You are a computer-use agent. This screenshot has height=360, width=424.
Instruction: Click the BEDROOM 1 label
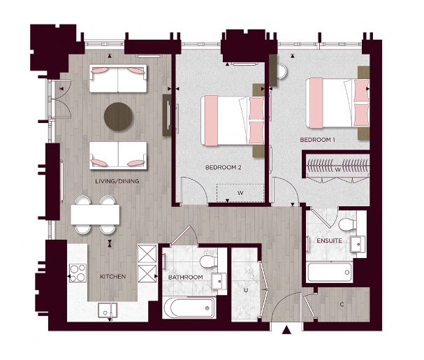(318, 140)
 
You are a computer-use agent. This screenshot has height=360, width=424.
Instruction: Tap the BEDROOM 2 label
(223, 168)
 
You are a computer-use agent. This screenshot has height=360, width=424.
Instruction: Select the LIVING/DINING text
(117, 182)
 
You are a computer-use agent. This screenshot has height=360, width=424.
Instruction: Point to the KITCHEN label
(113, 277)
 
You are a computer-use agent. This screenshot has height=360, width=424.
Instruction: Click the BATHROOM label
(186, 278)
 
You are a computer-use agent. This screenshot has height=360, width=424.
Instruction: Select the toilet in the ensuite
(346, 224)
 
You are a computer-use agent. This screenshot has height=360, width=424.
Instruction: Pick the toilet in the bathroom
(207, 261)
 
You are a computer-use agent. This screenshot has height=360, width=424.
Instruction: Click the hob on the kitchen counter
(76, 272)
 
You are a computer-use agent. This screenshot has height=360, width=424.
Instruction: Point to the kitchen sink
(106, 308)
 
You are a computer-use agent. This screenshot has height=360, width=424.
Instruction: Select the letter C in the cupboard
(342, 305)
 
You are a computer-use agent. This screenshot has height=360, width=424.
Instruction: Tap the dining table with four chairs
(94, 214)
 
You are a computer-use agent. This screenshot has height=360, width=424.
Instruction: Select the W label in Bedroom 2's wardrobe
(240, 192)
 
